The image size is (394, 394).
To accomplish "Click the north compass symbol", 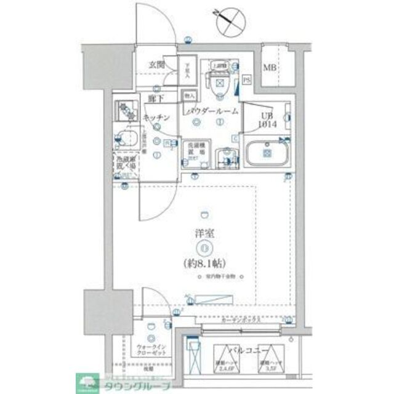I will pyautogui.click(x=230, y=20).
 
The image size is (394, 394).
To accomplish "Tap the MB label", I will pyautogui.click(x=270, y=68).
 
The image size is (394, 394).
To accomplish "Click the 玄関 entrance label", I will pyautogui.click(x=156, y=64).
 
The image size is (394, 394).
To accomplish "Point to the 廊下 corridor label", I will pyautogui.click(x=156, y=98).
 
